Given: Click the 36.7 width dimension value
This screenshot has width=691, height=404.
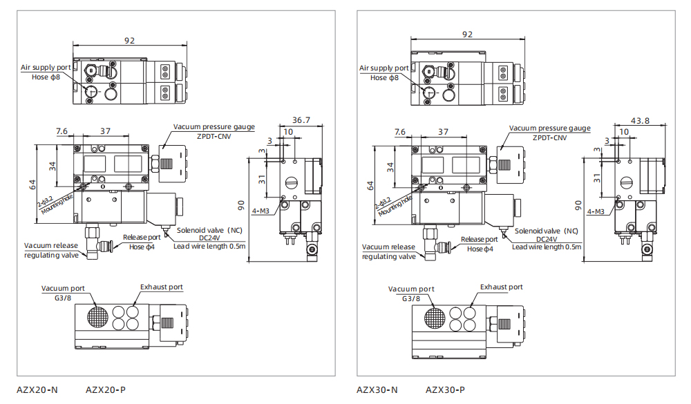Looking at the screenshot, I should point(301,119).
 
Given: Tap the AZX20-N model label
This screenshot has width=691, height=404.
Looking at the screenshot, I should point(37,390).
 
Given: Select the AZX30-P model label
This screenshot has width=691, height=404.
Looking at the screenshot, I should point(445,390).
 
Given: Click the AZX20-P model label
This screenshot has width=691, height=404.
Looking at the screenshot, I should point(105,390).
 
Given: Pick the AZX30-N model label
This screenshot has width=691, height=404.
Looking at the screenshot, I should point(377,390).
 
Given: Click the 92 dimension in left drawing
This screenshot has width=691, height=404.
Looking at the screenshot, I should point(129,40).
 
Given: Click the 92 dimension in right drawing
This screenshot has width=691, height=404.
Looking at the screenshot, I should point(467,34).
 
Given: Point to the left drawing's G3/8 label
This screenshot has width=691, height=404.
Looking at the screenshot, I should point(63,298).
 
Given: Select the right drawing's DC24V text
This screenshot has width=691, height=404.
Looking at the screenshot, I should point(546,239).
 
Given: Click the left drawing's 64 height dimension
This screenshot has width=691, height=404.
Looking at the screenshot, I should point(32,184).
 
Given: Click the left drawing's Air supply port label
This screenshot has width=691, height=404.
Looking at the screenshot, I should point(45,67).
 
